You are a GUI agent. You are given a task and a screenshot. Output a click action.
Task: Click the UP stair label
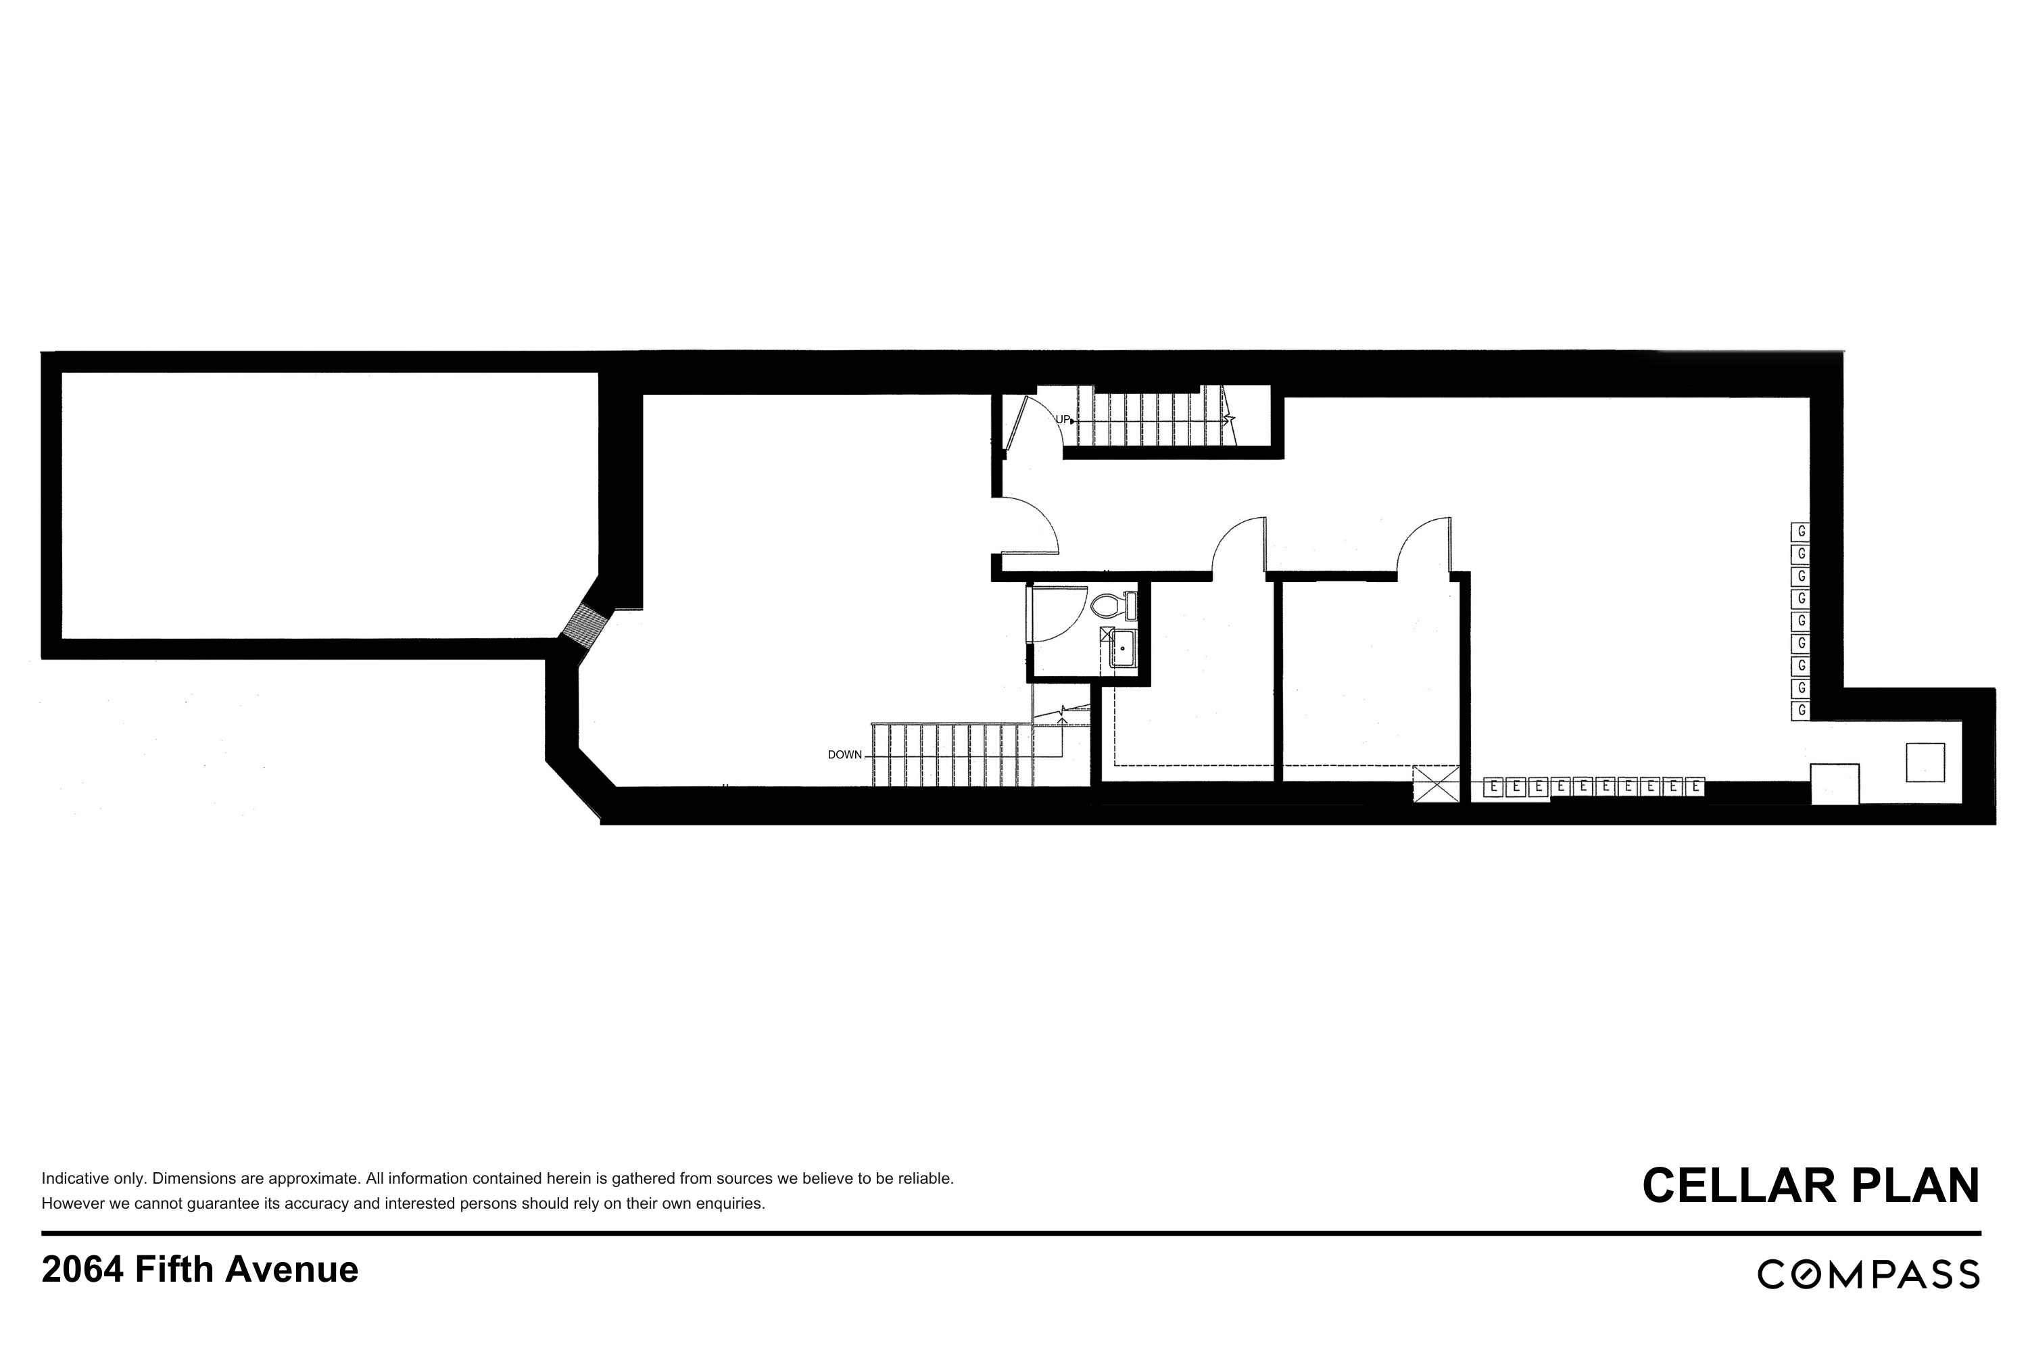(1062, 420)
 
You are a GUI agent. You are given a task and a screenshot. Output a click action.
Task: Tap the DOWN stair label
(844, 755)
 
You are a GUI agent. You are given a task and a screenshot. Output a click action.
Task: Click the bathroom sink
(1123, 648)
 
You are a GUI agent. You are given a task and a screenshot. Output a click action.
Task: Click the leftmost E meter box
(1493, 788)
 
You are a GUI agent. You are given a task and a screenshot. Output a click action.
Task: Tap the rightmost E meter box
(1695, 788)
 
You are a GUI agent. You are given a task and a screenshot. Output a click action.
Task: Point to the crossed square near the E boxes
(1436, 785)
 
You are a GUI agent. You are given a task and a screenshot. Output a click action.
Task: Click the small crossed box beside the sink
(1106, 635)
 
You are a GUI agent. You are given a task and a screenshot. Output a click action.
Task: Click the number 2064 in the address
(82, 1270)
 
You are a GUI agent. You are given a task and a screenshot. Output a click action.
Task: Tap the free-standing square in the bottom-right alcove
(1925, 763)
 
